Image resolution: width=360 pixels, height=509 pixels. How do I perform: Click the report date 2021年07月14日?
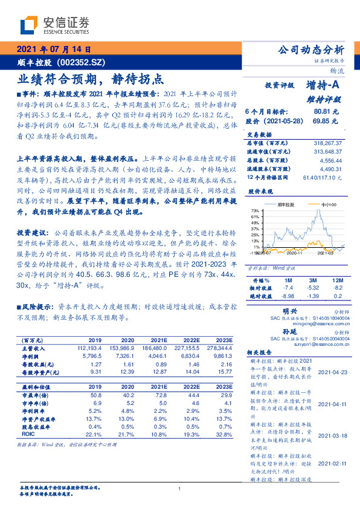[54, 50]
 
